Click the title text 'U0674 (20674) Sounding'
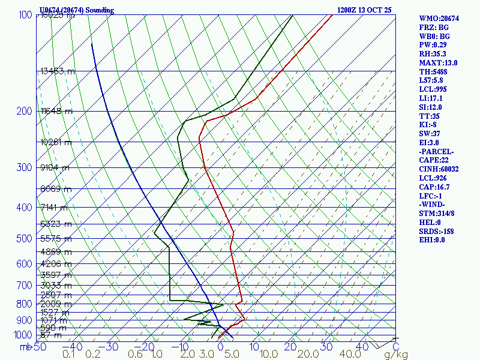pyautogui.click(x=76, y=10)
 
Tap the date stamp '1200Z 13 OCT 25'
pyautogui.click(x=364, y=10)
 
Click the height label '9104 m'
pyautogui.click(x=55, y=167)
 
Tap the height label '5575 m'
pyautogui.click(x=55, y=239)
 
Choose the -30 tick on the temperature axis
pyautogui.click(x=112, y=346)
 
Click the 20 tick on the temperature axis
pyautogui.click(x=292, y=346)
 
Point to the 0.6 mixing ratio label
pyautogui.click(x=136, y=355)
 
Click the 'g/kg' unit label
pyautogui.click(x=396, y=355)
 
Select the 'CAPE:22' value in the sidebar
pyautogui.click(x=435, y=160)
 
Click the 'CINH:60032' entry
pyautogui.click(x=439, y=169)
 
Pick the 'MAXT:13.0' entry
pyautogui.click(x=439, y=62)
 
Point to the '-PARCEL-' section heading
pyautogui.click(x=437, y=152)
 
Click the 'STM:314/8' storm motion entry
pyautogui.click(x=438, y=213)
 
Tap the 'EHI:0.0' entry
pyautogui.click(x=432, y=240)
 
